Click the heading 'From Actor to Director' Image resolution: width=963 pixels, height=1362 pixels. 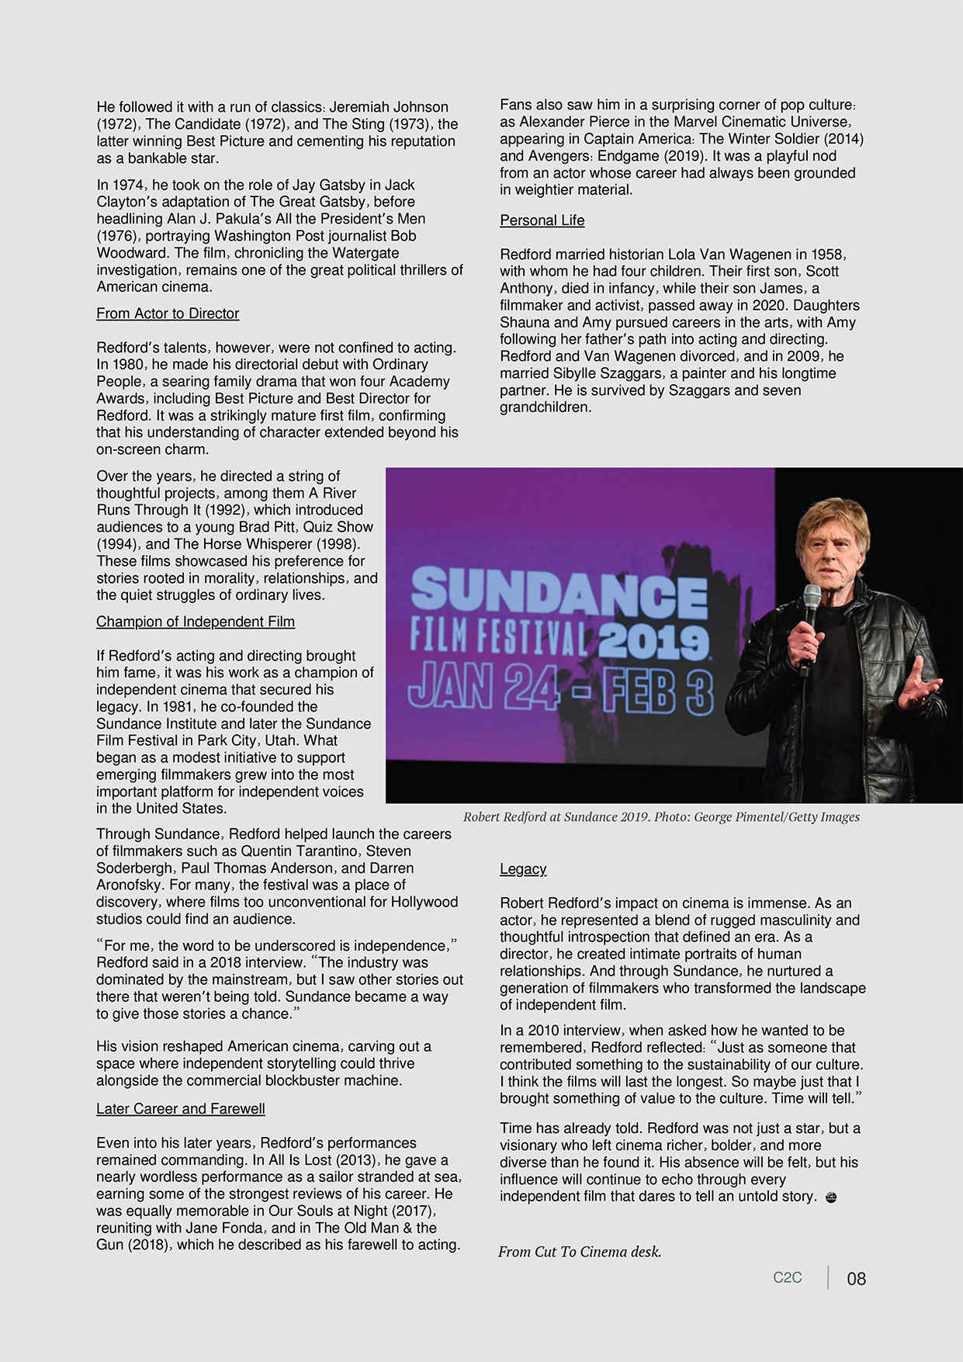[168, 314]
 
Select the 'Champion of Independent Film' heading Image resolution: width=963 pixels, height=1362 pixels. [196, 622]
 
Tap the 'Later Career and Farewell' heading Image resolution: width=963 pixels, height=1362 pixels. [181, 1109]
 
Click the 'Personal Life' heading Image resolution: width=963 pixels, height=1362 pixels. [542, 220]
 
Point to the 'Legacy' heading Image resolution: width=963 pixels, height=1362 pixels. [523, 869]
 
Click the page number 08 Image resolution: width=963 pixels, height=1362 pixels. [856, 1278]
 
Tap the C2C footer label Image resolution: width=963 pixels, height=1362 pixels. [787, 1277]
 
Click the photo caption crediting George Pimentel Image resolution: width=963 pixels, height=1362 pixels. [661, 816]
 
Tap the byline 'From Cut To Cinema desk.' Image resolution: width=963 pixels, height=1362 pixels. [580, 1251]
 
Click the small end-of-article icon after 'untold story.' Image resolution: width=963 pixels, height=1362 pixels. [831, 1197]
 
